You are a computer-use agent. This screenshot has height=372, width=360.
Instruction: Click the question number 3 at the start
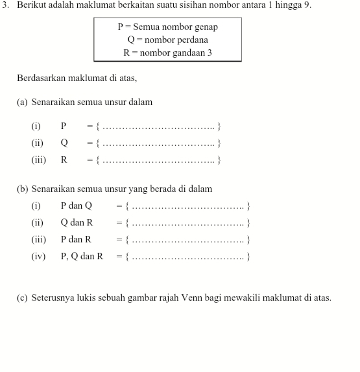6,6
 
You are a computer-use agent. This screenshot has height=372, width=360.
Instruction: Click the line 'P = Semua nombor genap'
167,27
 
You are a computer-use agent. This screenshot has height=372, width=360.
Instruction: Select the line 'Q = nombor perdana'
167,40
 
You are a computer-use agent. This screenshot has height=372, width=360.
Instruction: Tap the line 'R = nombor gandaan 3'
167,52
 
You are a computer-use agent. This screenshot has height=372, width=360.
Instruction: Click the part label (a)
23,102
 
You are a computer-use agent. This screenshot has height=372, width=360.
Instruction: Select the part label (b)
23,189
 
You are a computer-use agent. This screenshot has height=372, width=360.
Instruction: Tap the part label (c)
23,298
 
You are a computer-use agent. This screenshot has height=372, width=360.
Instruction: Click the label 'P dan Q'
77,206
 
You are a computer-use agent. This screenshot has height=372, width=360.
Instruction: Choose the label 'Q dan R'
77,222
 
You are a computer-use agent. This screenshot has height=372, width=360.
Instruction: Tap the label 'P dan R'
76,239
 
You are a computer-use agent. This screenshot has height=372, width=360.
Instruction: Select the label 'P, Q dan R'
82,256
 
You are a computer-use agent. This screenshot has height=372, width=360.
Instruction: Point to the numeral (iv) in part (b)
38,256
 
